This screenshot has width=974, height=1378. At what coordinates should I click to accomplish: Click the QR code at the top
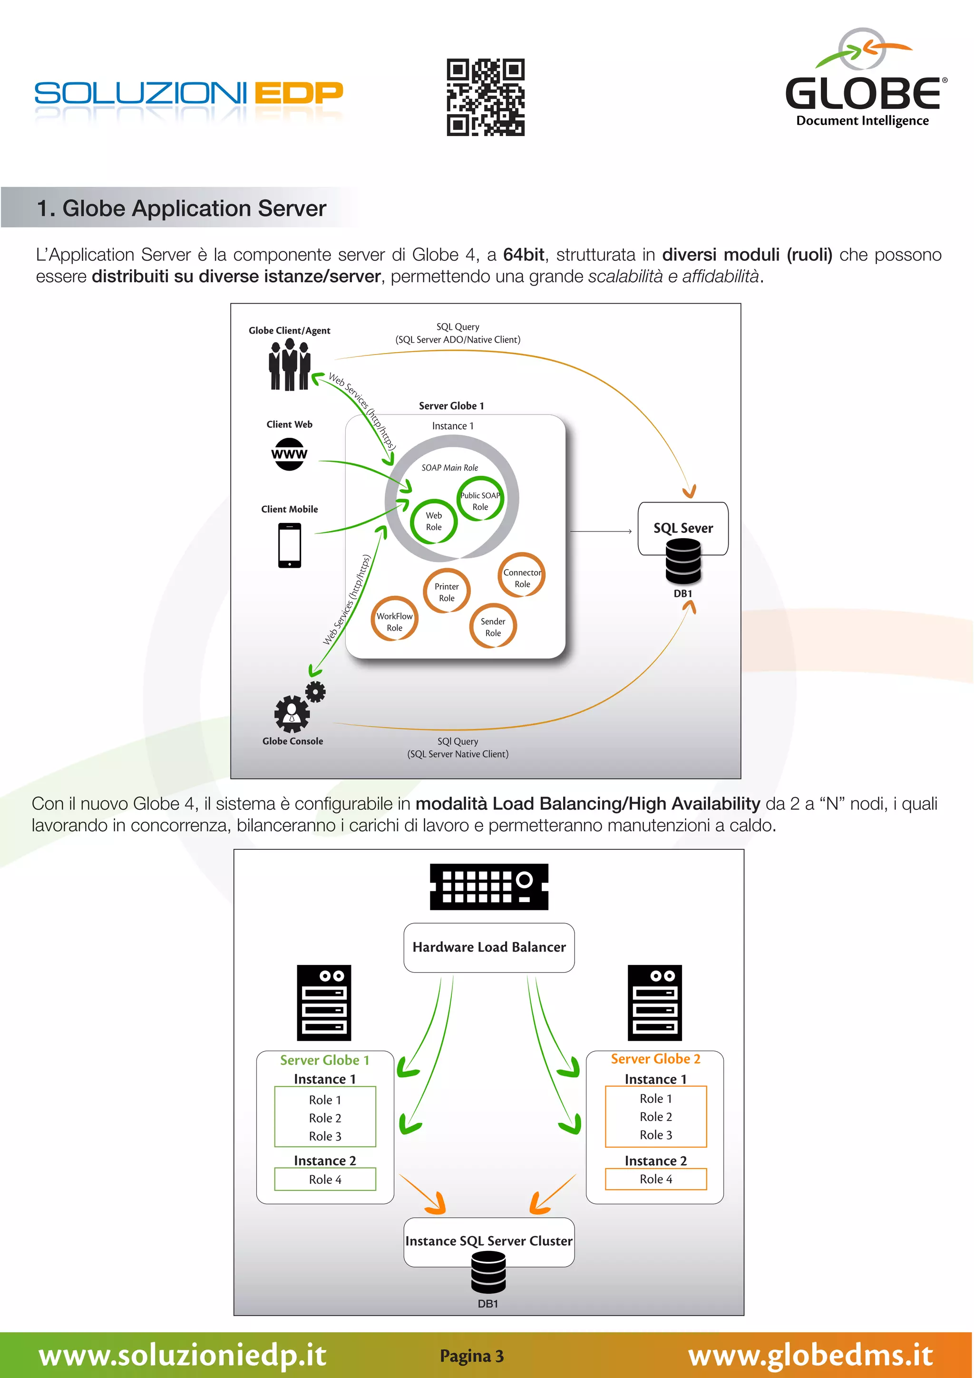point(485,97)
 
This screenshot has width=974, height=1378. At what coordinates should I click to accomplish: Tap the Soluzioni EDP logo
point(188,94)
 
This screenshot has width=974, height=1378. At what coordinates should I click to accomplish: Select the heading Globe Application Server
point(181,208)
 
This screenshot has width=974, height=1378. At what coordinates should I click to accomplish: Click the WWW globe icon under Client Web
point(289,454)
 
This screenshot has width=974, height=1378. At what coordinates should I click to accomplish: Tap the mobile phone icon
point(290,545)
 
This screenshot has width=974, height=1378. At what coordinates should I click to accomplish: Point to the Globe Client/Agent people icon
point(290,364)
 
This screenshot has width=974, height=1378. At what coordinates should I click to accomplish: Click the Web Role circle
point(434,522)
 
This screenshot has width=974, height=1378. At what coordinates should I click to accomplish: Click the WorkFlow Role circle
point(395,621)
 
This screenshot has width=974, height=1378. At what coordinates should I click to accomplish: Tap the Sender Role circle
point(493,627)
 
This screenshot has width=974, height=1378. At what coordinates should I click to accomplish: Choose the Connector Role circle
point(522,577)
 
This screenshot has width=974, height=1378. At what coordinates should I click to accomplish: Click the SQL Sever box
point(683,528)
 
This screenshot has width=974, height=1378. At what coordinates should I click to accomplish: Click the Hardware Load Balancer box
point(489,947)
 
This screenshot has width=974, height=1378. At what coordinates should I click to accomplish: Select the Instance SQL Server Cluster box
point(489,1241)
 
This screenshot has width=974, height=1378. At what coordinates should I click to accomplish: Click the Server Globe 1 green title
point(324,1060)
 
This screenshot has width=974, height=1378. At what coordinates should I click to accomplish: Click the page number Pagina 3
point(472,1356)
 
